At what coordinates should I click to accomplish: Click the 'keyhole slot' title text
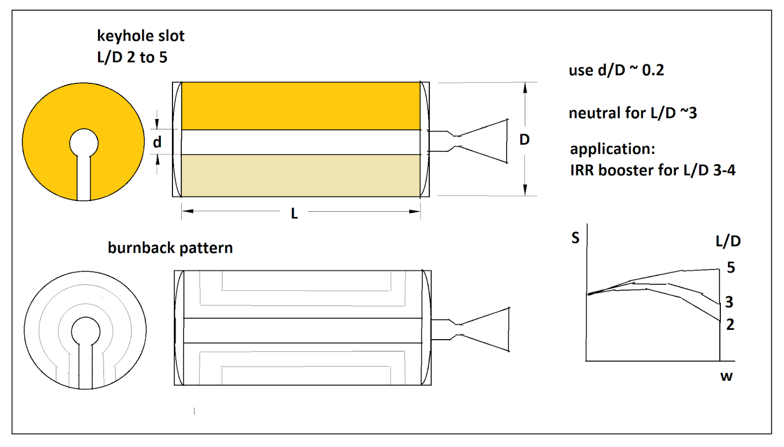140,36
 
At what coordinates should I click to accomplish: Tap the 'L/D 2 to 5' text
132,57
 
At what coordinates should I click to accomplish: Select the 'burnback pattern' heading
170,248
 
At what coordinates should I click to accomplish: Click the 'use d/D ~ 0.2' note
616,71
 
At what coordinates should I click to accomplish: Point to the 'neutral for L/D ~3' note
633,113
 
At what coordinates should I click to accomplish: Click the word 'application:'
612,149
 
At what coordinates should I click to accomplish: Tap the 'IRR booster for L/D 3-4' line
653,171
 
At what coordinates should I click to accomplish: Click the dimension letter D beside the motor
524,140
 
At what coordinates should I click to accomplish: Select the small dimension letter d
157,142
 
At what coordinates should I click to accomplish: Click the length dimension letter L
294,213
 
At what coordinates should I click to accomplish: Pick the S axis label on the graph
575,238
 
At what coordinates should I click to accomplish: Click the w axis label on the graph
727,376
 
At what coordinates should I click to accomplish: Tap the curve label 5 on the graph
731,268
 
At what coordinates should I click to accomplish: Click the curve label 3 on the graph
729,302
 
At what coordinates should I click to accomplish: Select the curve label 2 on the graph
730,325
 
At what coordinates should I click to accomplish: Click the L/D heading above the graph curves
728,241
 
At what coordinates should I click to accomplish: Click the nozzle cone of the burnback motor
485,329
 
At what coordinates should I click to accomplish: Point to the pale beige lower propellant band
301,176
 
